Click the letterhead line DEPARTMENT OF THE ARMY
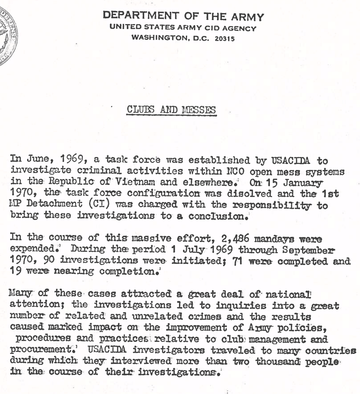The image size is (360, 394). click(183, 16)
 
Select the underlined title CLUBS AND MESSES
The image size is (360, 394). click(171, 110)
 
